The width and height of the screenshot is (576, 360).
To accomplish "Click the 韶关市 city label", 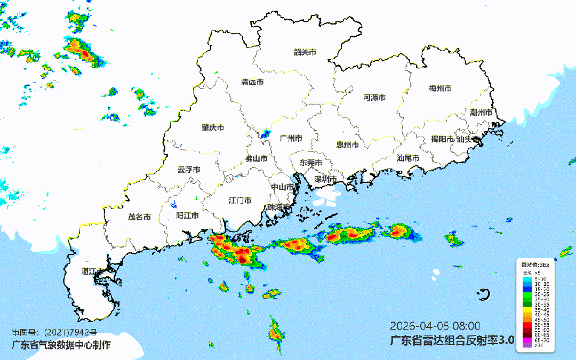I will coord(305,52).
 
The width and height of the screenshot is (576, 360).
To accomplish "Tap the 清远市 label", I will coord(252,82).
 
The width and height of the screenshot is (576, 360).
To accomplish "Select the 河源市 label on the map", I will coord(374,98).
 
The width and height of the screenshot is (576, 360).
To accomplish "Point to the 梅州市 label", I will coord(440,88).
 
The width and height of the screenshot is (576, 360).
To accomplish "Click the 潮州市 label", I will coord(481,113).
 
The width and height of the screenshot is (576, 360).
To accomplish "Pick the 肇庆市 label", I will coord(212,127).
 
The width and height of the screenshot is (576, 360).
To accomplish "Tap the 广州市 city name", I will coord(291,138).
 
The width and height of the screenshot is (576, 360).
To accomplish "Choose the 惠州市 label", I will coord(347,145).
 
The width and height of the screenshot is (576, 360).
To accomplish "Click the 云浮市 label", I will coord(189,170).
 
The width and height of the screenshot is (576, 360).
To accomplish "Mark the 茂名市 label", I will coord(139,217).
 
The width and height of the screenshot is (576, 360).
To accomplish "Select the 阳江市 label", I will coord(187,215).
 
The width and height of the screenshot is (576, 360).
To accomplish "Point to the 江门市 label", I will coord(240,201).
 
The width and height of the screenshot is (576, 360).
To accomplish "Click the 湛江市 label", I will coord(92,271).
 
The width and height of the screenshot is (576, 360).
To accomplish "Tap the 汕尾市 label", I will coord(408,158).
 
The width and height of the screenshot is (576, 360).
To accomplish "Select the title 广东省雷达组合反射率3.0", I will coord(452,340).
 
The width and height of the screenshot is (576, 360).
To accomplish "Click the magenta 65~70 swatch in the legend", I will coord(526,340).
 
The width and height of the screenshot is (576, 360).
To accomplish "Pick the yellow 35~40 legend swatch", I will coord(526,309).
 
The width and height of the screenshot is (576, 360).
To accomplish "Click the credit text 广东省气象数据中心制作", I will coord(62,345).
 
